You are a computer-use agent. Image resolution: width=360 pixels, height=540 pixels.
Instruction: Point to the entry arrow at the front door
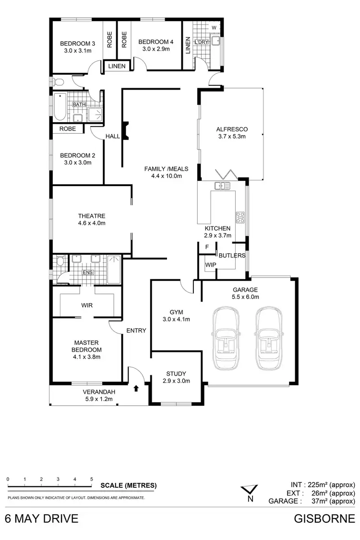click(136, 388)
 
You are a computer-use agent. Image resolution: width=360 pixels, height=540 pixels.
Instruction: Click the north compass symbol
click(250, 493)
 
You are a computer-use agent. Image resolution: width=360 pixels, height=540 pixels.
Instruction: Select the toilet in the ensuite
click(60, 262)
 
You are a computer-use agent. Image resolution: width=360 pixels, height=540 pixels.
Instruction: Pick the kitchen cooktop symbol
click(240, 218)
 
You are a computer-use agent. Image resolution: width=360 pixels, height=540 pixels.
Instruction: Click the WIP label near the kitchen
click(210, 265)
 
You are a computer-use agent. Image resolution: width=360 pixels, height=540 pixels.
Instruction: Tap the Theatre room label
click(92, 216)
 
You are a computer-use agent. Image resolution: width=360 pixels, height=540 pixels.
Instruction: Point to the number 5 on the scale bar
click(91, 479)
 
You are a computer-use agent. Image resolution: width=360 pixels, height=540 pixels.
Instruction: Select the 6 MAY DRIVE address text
click(41, 518)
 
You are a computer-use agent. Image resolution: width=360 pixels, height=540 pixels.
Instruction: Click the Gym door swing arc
click(185, 287)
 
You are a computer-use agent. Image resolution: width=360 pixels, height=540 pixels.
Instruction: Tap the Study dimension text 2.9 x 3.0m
click(177, 381)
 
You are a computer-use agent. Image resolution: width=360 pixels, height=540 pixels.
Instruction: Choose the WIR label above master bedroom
click(87, 305)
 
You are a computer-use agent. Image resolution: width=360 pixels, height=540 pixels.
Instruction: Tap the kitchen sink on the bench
click(222, 185)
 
